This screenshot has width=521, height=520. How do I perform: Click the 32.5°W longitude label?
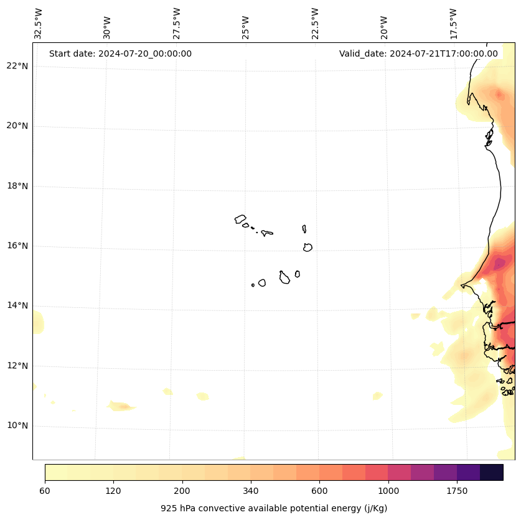39,24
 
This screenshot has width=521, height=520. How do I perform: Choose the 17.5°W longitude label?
453,24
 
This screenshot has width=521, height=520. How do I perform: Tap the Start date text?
120,53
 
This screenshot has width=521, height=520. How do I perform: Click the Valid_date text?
418,53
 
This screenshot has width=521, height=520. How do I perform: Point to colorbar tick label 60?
45,491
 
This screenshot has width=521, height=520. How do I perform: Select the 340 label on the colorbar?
251,491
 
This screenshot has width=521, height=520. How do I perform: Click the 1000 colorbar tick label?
388,491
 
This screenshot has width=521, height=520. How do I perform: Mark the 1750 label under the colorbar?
457,491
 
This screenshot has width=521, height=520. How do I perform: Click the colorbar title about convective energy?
274,508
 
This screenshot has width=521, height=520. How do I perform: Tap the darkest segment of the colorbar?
491,472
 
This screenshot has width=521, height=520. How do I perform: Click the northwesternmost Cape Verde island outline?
240,219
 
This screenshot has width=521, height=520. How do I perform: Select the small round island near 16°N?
307,247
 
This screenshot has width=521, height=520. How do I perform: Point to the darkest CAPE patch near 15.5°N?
499,264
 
